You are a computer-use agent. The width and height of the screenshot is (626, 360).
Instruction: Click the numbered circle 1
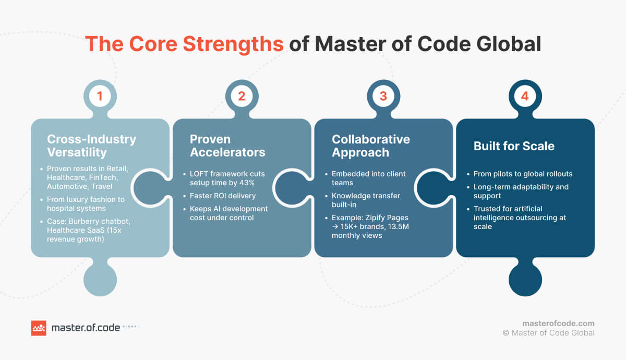click(100, 96)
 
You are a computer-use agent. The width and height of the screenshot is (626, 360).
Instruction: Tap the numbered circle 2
click(242, 96)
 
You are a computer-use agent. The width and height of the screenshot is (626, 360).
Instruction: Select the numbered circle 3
click(383, 96)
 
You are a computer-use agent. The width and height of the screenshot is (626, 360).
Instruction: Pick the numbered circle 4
click(525, 96)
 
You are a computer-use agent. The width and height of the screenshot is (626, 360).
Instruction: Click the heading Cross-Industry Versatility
click(91, 146)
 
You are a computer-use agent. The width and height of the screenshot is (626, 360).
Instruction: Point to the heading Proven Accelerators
click(227, 146)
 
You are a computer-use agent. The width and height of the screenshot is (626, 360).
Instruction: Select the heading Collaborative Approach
click(371, 146)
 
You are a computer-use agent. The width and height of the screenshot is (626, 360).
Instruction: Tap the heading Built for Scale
click(513, 146)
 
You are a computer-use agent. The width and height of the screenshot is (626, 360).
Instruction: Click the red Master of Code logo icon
click(39, 328)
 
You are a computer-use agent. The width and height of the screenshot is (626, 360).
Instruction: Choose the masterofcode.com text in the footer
click(558, 323)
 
